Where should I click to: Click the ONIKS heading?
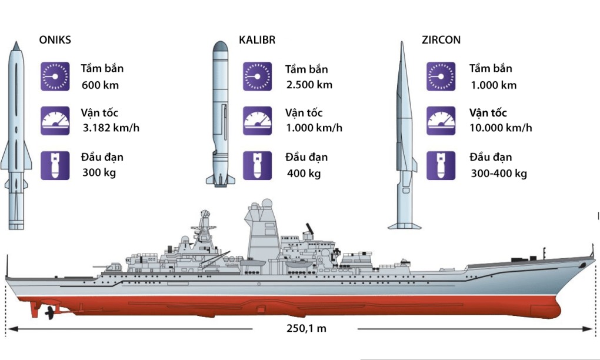55,41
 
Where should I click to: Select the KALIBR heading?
257,41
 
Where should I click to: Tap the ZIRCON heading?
441,41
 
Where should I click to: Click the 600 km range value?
100,85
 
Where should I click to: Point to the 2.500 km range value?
309,85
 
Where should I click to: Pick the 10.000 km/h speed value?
501,128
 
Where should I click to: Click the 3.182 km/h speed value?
111,128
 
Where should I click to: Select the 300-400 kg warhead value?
499,173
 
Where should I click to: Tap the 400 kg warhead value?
304,173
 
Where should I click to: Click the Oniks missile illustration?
16,135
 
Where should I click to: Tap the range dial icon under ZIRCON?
441,76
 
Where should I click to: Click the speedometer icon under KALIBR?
257,121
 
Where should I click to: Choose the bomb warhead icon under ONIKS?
55,165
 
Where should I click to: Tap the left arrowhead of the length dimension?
11,328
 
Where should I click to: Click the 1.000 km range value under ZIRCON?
494,85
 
